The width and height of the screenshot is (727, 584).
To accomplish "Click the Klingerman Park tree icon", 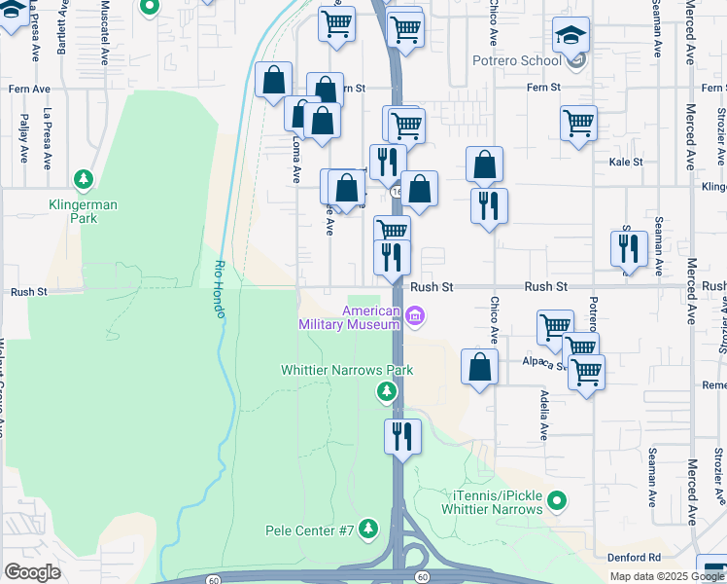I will point(84,179).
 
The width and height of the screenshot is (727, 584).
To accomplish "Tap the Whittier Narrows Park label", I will point(346,370).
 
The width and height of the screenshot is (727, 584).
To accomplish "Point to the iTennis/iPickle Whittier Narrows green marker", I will point(556,501).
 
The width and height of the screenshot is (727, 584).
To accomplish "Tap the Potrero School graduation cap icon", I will point(571,35).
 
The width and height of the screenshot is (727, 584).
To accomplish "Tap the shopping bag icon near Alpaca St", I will point(479,367).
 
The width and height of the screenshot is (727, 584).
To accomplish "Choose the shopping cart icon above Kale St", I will point(578,123).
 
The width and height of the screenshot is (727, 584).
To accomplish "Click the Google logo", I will point(32,571).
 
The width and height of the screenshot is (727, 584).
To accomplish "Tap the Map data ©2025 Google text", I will point(666,576).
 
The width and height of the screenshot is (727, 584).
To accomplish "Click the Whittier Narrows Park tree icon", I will point(387,391).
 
